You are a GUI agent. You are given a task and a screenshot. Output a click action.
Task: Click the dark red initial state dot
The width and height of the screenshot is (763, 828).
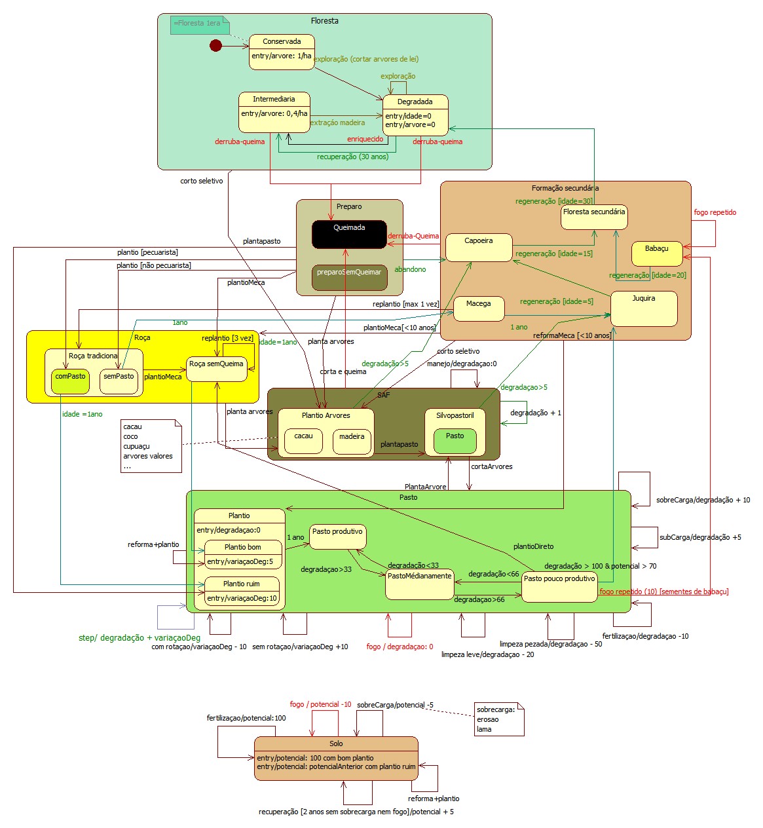pyautogui.click(x=215, y=46)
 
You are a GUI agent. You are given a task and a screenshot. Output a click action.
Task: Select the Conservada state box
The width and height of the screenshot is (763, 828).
pyautogui.click(x=282, y=51)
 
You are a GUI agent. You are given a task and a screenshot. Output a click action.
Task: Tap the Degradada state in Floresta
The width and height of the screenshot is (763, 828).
pyautogui.click(x=415, y=115)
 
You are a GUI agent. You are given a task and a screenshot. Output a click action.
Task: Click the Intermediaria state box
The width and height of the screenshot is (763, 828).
pyautogui.click(x=274, y=112)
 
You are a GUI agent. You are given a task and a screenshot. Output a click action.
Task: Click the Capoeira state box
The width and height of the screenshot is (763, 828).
pyautogui.click(x=479, y=248)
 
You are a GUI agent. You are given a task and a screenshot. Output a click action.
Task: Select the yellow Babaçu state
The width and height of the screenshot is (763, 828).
pyautogui.click(x=657, y=254)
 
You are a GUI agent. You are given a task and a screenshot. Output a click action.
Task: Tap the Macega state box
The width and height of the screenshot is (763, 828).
pyautogui.click(x=479, y=309)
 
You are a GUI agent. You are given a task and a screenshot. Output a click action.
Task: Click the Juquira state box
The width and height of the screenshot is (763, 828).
pyautogui.click(x=643, y=309)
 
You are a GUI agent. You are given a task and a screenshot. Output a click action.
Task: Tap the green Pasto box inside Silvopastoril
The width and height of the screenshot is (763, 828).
pyautogui.click(x=455, y=441)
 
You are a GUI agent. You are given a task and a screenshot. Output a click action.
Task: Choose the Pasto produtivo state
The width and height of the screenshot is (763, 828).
pyautogui.click(x=337, y=536)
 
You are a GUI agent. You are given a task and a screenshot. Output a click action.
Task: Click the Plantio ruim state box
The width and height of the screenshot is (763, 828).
pyautogui.click(x=242, y=591)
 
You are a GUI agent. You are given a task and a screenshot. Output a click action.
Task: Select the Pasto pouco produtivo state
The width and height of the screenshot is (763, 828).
pyautogui.click(x=559, y=586)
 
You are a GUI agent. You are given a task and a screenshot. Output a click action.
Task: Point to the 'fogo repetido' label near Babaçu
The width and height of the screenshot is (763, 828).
pyautogui.click(x=715, y=212)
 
